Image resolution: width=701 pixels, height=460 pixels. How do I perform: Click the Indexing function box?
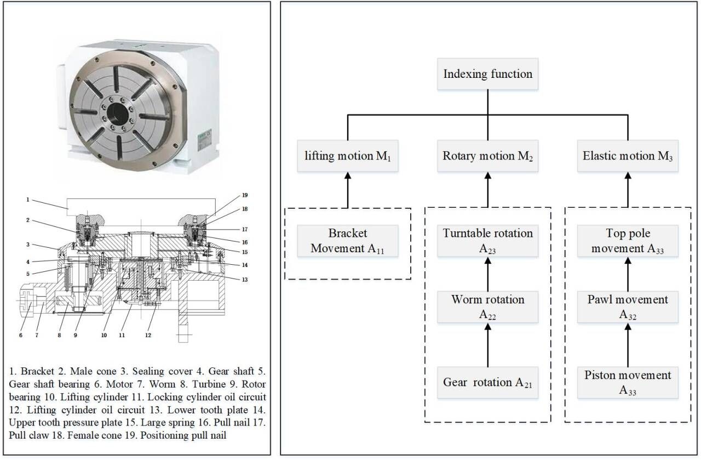[487, 74]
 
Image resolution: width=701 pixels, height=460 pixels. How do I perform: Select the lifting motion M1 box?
[348, 156]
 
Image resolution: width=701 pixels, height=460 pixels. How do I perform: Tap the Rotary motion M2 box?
[487, 156]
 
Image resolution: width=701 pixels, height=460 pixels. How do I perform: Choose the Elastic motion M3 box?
[628, 156]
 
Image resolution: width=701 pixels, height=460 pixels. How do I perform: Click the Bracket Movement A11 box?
[348, 241]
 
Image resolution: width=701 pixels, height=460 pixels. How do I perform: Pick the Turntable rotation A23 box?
[487, 241]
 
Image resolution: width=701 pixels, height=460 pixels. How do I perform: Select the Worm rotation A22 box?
[487, 307]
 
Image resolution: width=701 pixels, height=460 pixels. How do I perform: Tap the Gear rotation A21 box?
[487, 382]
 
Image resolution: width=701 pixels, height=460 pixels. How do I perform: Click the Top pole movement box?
[628, 241]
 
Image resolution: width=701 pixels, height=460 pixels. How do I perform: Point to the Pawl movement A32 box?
[628, 307]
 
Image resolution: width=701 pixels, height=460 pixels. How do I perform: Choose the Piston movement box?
[628, 382]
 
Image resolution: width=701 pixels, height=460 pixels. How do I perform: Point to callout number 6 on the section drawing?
[21, 335]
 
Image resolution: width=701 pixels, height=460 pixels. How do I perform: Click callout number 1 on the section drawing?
[27, 200]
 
